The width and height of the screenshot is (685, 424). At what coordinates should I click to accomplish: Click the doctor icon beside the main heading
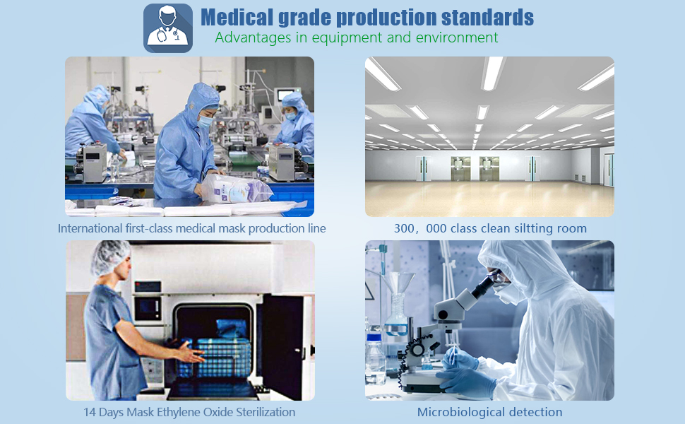tap(168, 28)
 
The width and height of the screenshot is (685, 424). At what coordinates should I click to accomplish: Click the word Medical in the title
tap(237, 18)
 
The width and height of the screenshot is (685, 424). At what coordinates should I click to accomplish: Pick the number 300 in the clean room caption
tap(403, 229)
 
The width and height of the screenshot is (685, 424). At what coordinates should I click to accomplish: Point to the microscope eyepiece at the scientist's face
tap(485, 285)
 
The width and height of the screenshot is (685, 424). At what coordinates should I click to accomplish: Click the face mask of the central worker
tap(205, 122)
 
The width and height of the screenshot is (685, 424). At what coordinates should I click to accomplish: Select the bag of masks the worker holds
tap(235, 189)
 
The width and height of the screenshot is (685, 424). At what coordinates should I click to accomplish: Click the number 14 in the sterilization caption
tap(89, 412)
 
